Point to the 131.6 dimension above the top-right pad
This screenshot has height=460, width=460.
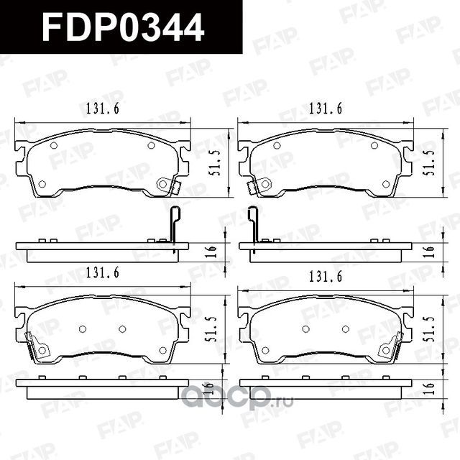tap(325, 108)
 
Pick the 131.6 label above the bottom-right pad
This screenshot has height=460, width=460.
tap(325, 275)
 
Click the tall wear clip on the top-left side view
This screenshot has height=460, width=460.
tap(172, 224)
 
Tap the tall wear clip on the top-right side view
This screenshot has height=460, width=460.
tap(253, 224)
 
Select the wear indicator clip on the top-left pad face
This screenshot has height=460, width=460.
tap(170, 186)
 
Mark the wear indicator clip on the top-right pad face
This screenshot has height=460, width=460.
tap(252, 187)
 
